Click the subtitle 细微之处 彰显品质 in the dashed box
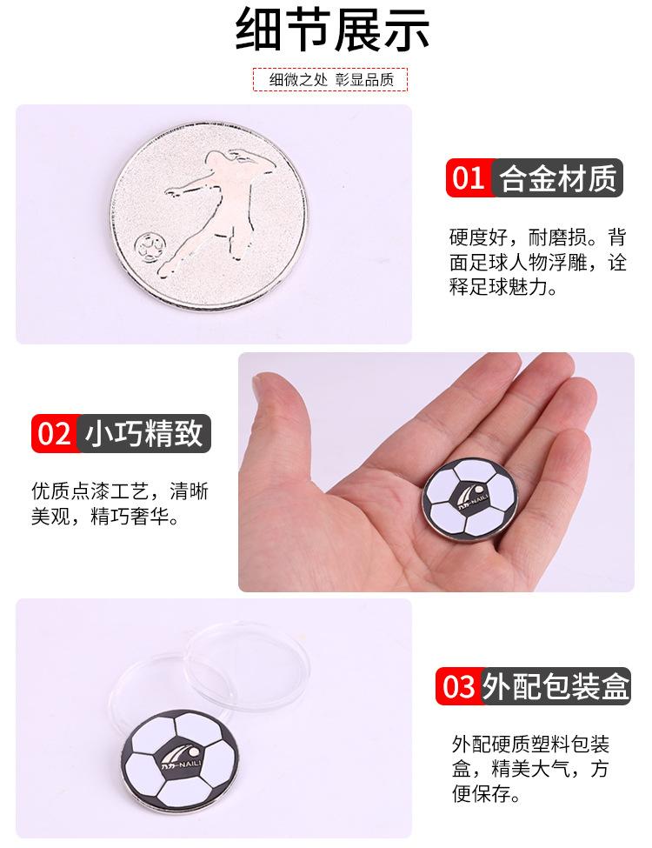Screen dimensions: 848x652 point(331,80)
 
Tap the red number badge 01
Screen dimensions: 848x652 point(468,179)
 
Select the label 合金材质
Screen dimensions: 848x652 point(558,179)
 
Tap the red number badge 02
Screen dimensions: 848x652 point(54,432)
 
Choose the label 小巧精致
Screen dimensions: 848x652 point(144,432)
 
